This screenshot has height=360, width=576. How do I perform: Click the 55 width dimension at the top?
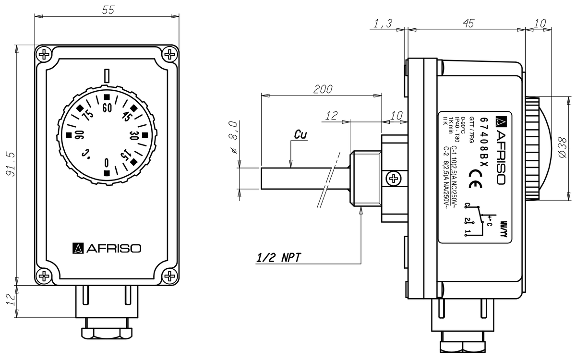[108, 10]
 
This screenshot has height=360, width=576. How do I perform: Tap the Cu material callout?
[300, 136]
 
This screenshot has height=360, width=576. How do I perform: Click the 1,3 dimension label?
[382, 23]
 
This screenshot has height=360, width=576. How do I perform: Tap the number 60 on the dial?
[107, 107]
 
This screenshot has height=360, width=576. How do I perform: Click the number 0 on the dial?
[107, 162]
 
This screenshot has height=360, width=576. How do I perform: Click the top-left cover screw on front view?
[44, 54]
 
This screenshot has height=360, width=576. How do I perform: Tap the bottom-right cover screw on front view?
[170, 276]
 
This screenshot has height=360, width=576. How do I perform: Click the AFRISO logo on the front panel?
[107, 248]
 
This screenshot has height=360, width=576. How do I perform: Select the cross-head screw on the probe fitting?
[394, 179]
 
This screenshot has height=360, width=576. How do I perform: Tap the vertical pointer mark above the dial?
[107, 76]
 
